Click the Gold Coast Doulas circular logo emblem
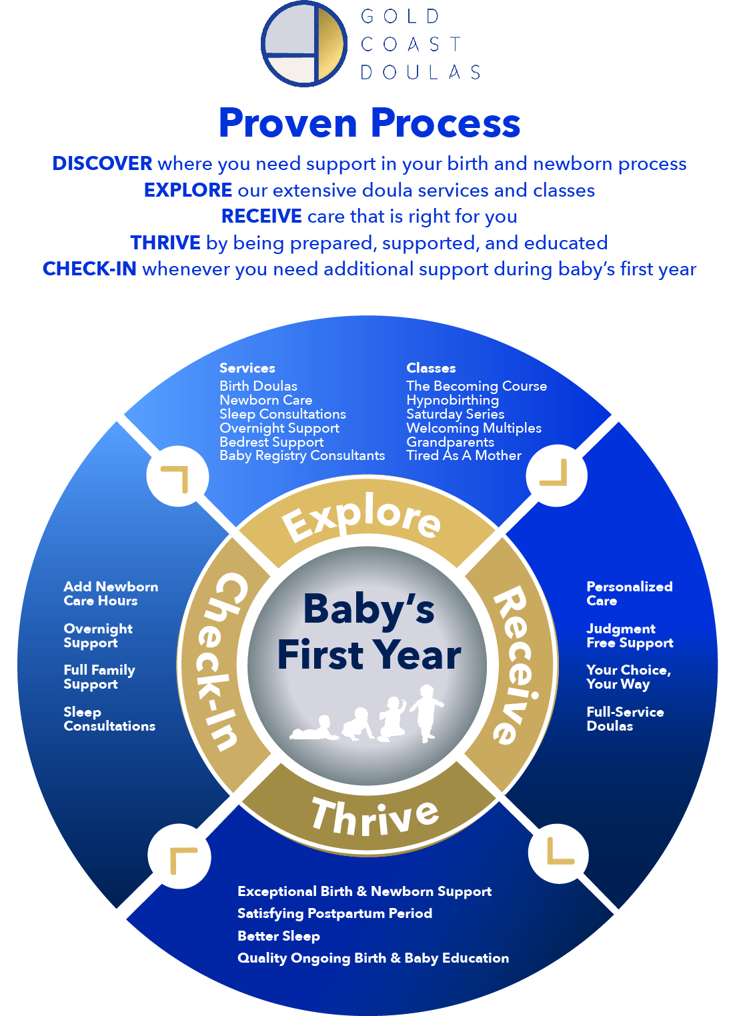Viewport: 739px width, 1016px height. [304, 43]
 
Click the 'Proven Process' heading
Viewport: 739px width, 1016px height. [369, 123]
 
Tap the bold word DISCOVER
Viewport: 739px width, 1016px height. [102, 164]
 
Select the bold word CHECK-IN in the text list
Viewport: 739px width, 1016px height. [89, 269]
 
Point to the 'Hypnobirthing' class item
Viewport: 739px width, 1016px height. [452, 400]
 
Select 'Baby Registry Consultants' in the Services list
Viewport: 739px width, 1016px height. [302, 455]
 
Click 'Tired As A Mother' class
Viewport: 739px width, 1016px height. [464, 455]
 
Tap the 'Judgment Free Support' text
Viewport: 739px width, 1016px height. [630, 635]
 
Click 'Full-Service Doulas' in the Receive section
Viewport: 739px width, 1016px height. [625, 719]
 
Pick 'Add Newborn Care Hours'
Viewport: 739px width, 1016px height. [111, 593]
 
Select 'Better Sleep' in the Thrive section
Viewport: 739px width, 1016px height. [279, 936]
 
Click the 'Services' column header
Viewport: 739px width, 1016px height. [247, 368]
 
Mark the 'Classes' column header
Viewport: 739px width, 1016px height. [431, 368]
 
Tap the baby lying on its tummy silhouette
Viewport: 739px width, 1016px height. [314, 729]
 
